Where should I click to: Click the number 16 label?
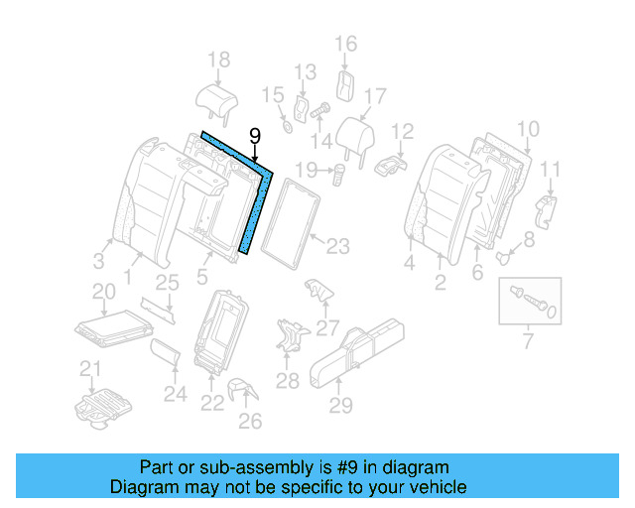[x=345, y=44]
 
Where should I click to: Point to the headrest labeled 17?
[x=354, y=134]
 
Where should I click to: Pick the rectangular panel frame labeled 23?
[x=294, y=222]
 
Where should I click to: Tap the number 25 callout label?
[x=167, y=283]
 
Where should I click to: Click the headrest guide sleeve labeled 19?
[x=337, y=175]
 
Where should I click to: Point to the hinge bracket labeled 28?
[x=288, y=335]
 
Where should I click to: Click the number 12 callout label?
[x=401, y=131]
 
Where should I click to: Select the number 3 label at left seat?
[x=98, y=261]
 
